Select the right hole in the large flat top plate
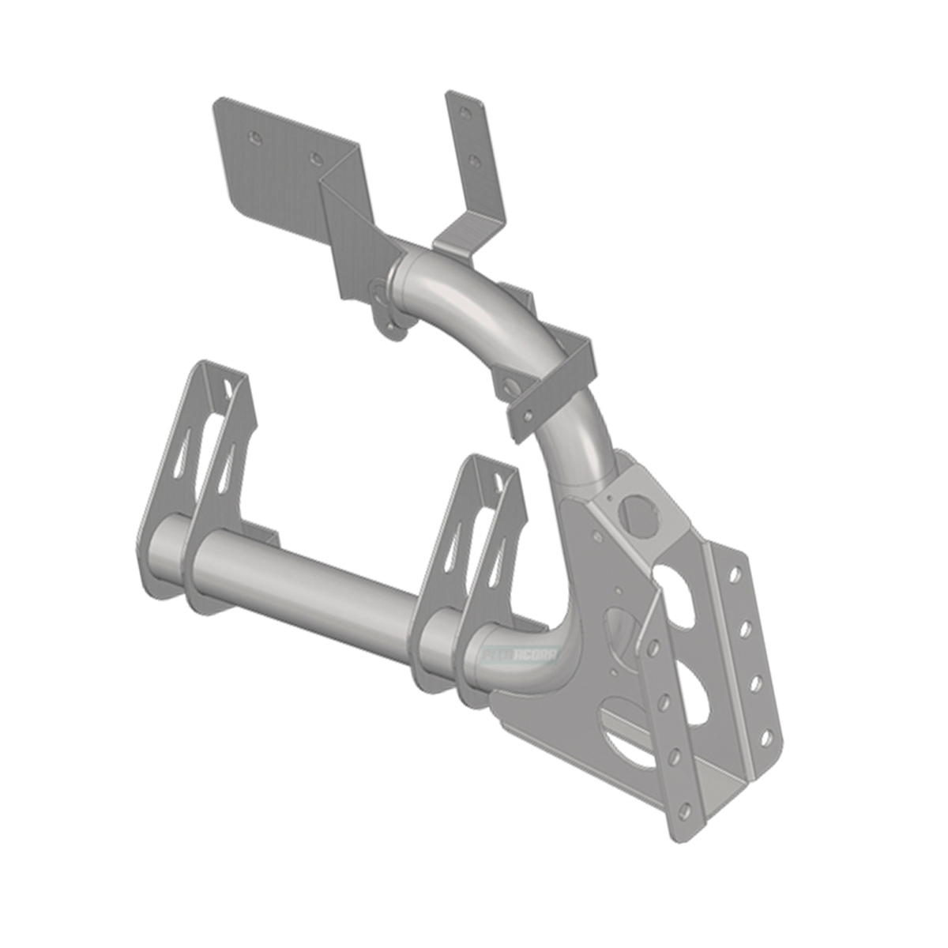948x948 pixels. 316,158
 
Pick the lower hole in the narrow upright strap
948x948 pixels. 474,161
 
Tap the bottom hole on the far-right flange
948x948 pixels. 765,739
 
